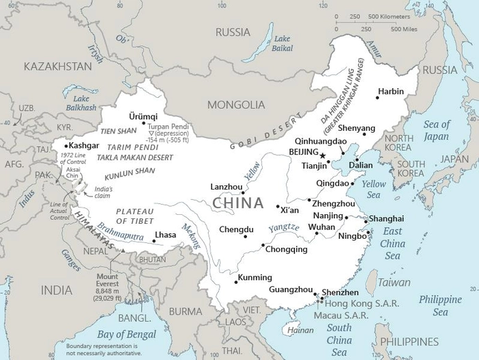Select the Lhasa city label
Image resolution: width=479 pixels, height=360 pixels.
(x=166, y=235)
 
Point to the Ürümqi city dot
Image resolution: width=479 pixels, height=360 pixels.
(x=153, y=123)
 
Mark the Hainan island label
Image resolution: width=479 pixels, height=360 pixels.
(x=300, y=330)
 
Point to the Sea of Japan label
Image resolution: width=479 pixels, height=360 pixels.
(x=437, y=129)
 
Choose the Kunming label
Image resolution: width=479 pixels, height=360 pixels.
(x=255, y=277)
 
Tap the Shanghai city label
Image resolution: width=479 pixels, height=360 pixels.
(x=386, y=218)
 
